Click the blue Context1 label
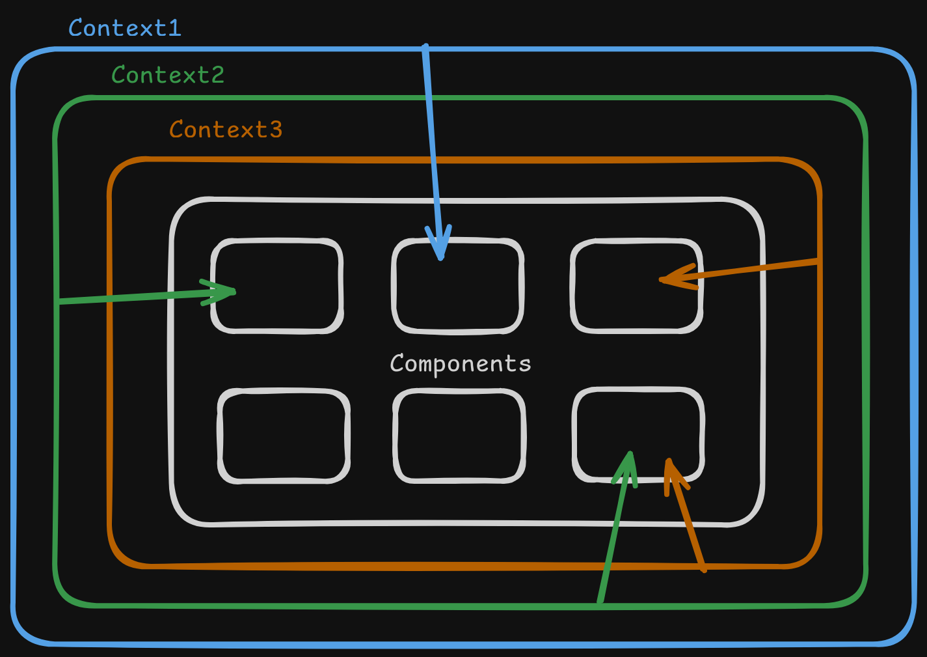(124, 28)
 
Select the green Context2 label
(168, 75)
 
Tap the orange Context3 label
(226, 130)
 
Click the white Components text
(460, 363)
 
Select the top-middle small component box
(457, 286)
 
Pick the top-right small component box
(636, 286)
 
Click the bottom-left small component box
(284, 436)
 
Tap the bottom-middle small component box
(459, 436)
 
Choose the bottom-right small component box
(638, 434)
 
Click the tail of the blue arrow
(425, 47)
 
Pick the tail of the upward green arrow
(600, 603)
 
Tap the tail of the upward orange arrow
(704, 570)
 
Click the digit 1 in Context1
(174, 28)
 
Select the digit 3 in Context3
(275, 130)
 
